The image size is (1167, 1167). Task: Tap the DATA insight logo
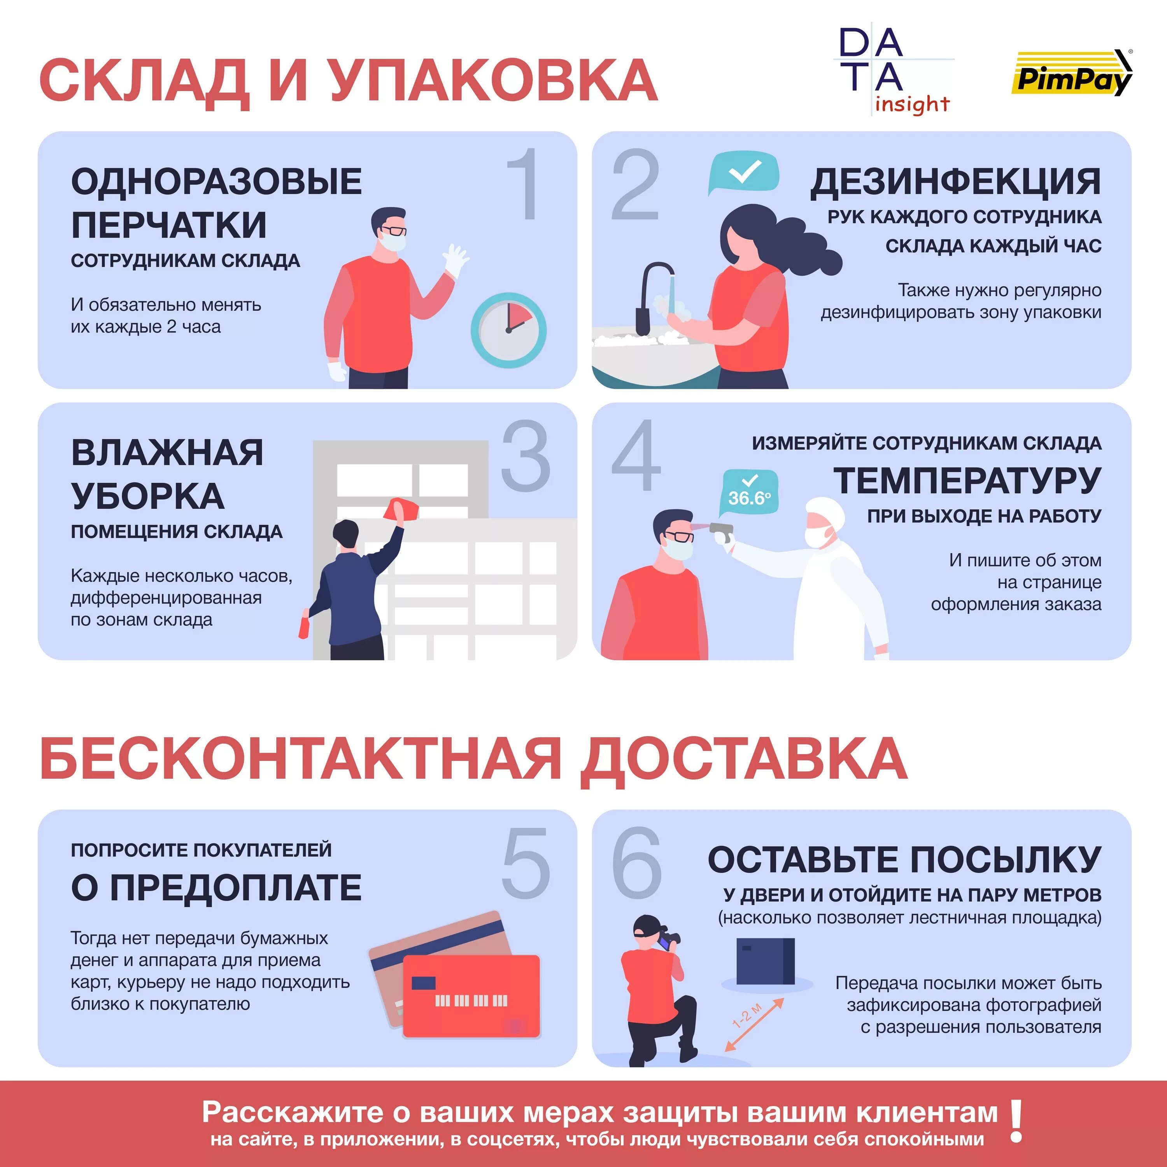(x=893, y=71)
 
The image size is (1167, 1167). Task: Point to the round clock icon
(x=508, y=330)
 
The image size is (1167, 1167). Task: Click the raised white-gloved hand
(x=454, y=260)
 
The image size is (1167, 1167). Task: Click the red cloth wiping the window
(x=399, y=508)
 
